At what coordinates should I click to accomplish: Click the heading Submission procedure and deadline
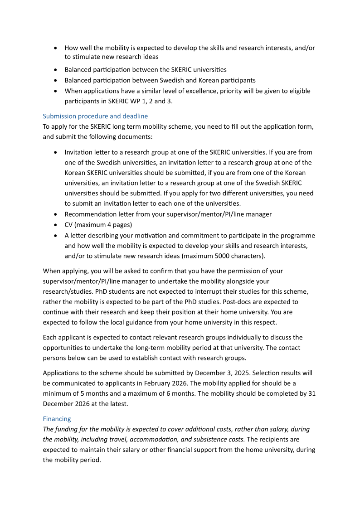click(95, 116)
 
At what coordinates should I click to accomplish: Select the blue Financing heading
click(57, 419)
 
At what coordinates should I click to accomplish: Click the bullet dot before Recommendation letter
click(55, 214)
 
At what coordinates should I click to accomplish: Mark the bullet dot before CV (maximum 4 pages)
click(55, 225)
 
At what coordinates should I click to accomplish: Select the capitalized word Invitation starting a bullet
click(79, 152)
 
